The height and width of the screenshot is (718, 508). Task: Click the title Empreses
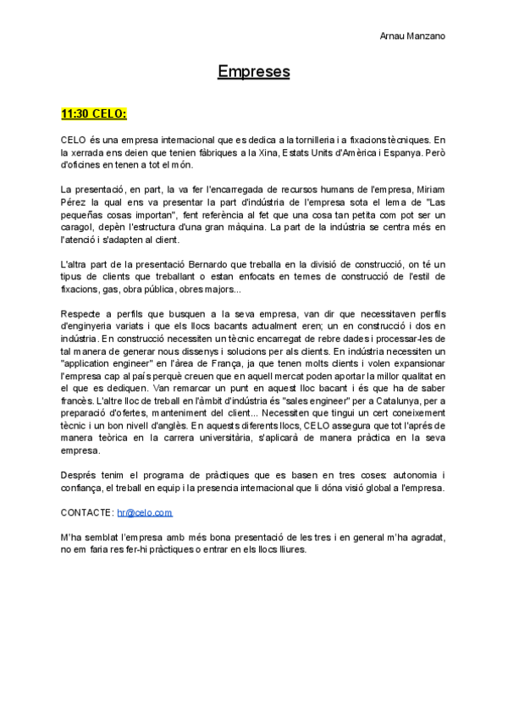tap(253, 72)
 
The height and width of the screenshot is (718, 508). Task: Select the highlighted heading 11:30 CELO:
tap(93, 113)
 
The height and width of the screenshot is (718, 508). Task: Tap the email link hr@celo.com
tap(145, 512)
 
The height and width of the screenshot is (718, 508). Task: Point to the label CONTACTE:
tap(87, 512)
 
